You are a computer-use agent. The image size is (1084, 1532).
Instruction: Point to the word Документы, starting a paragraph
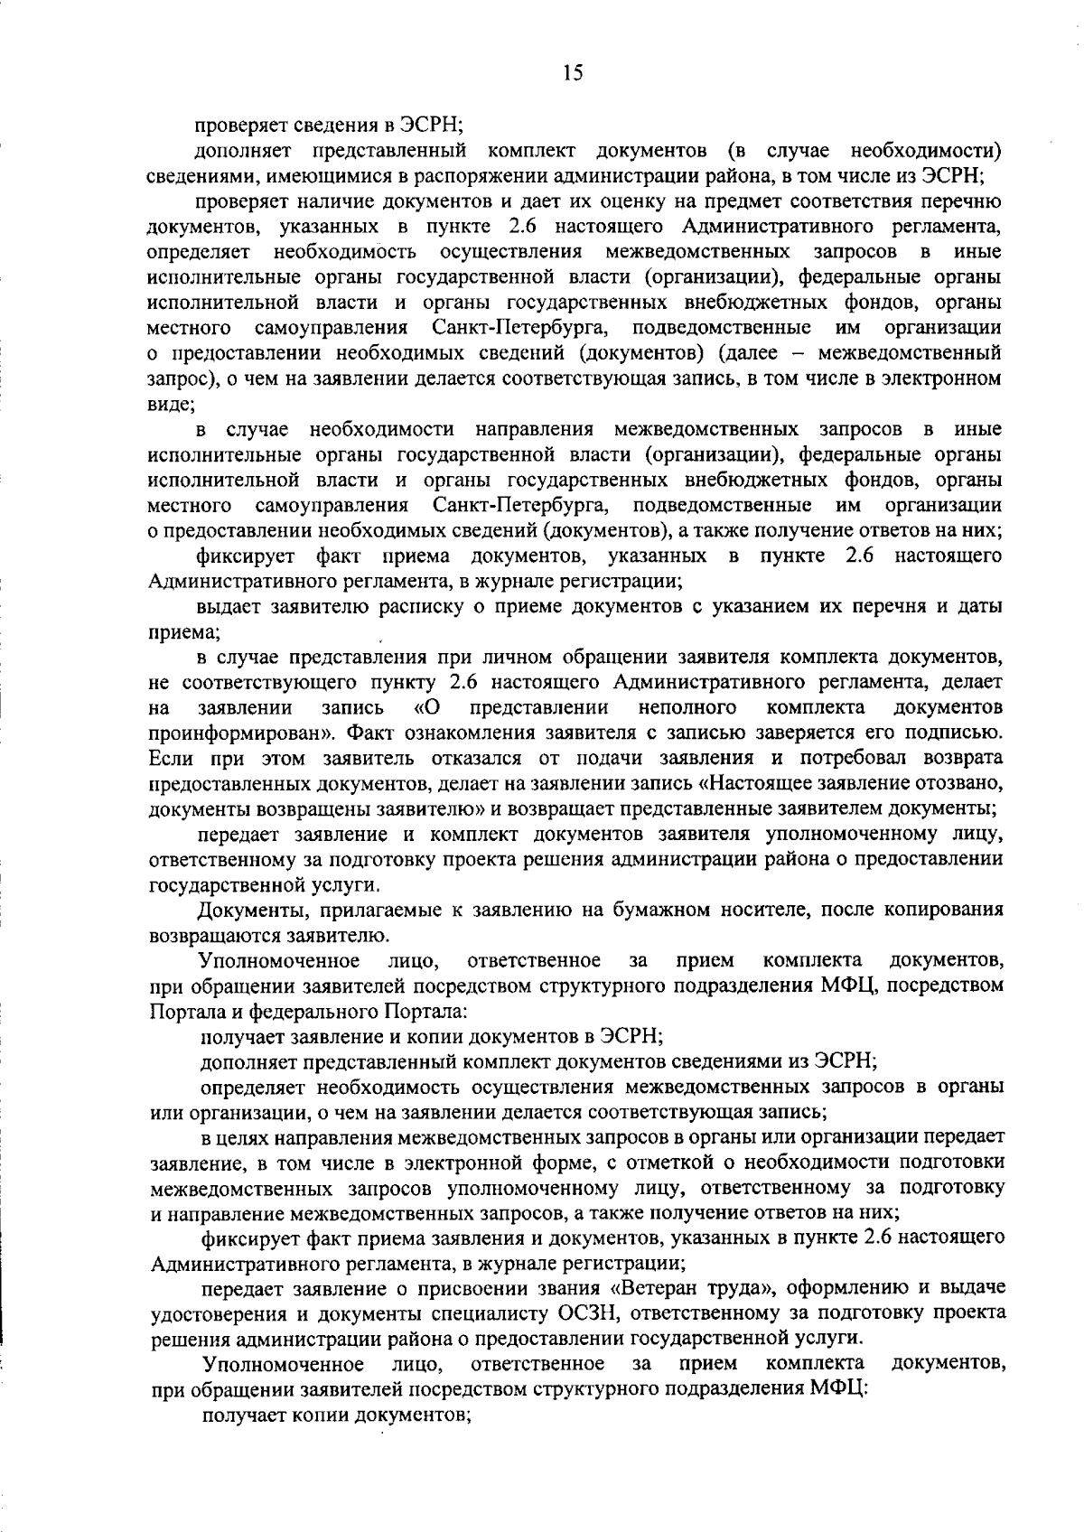248,910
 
